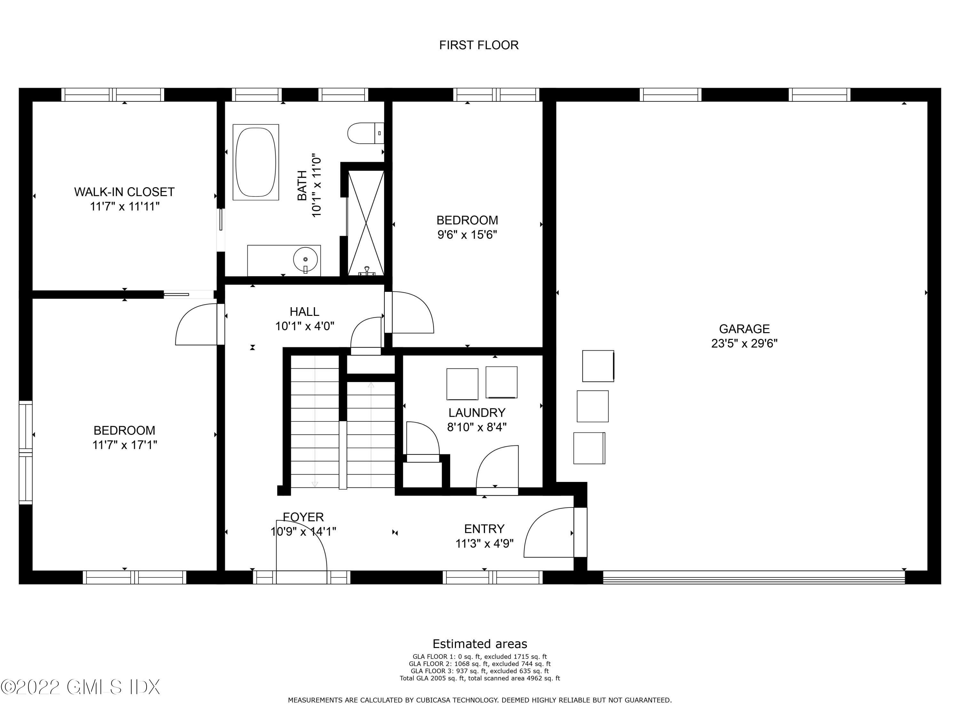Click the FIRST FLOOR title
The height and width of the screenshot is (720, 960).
point(479,45)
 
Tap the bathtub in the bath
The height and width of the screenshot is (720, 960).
point(256,162)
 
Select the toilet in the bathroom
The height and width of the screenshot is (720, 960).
point(366,133)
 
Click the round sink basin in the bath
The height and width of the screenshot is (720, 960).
point(305,260)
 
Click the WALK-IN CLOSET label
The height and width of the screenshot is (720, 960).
point(124,192)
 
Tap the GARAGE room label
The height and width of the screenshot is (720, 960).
point(744,329)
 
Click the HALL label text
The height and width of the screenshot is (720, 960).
point(304,312)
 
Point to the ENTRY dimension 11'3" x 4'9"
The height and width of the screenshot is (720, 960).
point(484,543)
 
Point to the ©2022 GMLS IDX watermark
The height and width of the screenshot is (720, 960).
point(80,687)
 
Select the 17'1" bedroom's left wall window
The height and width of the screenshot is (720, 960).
point(26,452)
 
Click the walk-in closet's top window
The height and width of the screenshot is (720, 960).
point(113,95)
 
